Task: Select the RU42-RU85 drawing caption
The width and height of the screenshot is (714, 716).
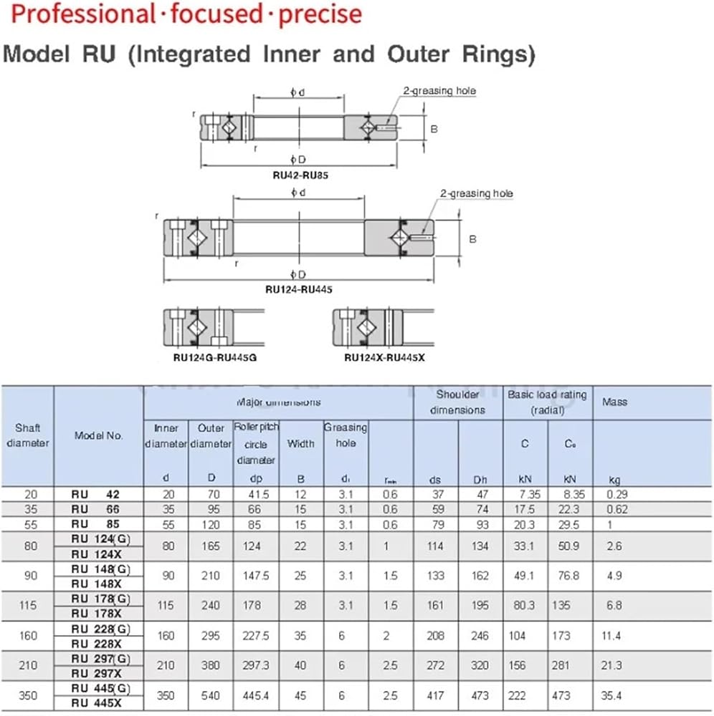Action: [298, 173]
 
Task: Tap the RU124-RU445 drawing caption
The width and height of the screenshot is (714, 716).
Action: [298, 289]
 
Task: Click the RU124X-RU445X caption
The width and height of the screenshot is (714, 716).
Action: [384, 357]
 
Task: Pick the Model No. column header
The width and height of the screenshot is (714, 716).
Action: [99, 435]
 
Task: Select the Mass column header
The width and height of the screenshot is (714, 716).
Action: [614, 402]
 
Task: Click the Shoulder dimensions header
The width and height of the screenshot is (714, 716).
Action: [457, 402]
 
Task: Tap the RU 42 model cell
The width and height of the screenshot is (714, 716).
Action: [99, 494]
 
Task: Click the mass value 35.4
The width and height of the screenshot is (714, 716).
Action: [614, 695]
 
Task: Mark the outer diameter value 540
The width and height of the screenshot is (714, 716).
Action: [211, 695]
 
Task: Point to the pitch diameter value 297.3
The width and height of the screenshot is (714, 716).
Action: [254, 666]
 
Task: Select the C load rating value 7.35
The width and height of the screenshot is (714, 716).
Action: [525, 494]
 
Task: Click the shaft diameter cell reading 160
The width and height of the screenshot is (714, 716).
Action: [27, 636]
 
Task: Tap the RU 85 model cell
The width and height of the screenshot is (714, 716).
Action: [99, 523]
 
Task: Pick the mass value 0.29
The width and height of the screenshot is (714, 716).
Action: [614, 494]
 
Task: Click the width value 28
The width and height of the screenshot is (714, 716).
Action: [300, 606]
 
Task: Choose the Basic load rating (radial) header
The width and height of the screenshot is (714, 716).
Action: [547, 402]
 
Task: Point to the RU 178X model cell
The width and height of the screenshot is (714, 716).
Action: [99, 614]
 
